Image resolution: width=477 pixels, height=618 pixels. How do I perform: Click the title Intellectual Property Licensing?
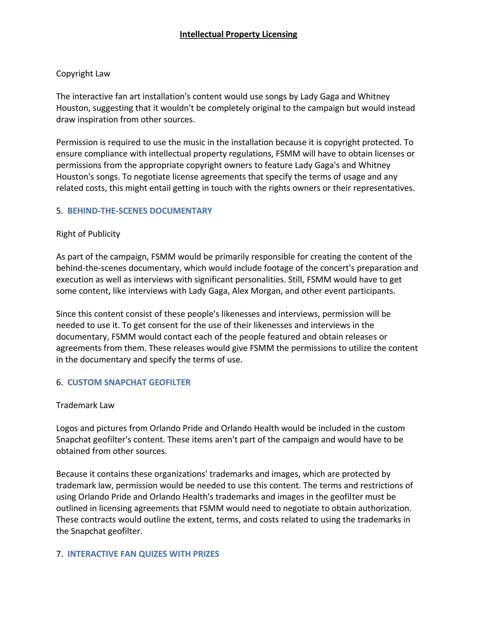point(238,34)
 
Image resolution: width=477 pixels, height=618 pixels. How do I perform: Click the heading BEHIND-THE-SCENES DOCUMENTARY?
point(140,211)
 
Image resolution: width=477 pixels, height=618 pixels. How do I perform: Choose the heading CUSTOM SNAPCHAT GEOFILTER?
point(129,382)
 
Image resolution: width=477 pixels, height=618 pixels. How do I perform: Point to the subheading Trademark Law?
point(85,405)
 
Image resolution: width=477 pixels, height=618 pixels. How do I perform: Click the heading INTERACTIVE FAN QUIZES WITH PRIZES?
point(143,554)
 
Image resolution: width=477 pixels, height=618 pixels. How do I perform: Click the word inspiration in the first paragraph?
point(98,119)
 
